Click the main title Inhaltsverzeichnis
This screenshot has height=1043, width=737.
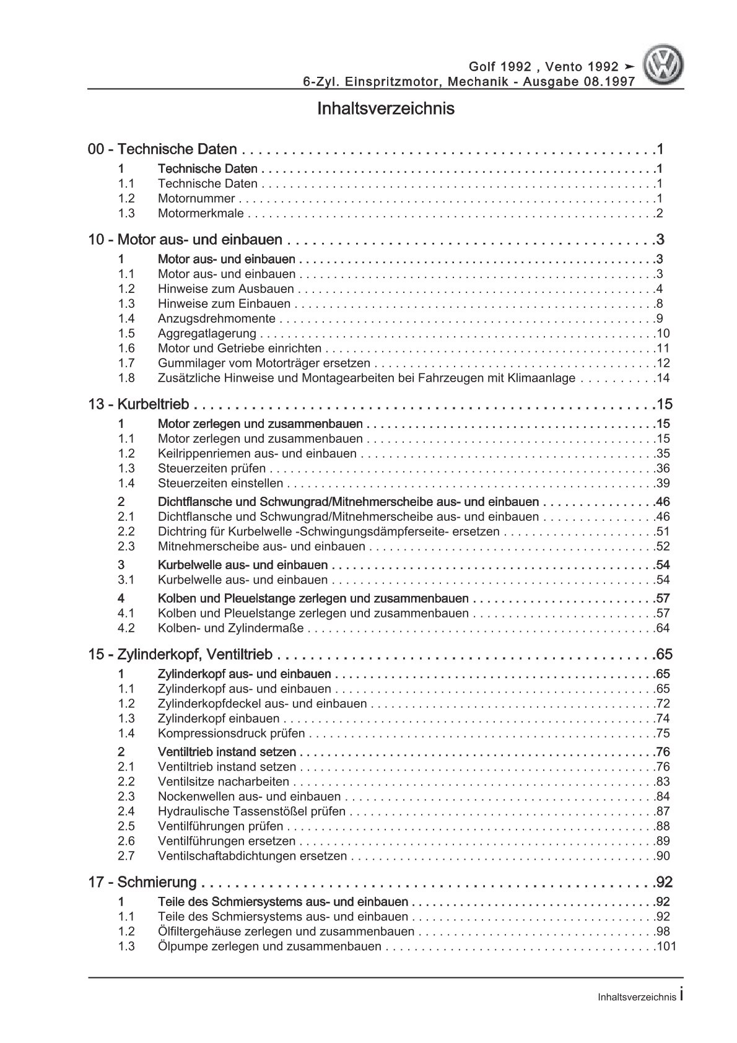385,109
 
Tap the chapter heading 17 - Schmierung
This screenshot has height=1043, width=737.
142,883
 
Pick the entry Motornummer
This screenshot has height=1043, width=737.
196,199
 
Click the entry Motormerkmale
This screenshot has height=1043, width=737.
201,214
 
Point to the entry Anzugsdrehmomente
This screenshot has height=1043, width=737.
217,319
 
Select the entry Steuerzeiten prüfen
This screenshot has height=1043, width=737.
212,469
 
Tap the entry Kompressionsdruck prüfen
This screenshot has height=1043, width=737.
232,734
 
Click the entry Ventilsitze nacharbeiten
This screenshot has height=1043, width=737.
224,782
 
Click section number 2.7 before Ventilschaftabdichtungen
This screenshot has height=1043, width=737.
126,857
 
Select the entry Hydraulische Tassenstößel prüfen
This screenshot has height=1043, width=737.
251,811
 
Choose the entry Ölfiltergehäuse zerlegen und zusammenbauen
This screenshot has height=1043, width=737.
286,932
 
